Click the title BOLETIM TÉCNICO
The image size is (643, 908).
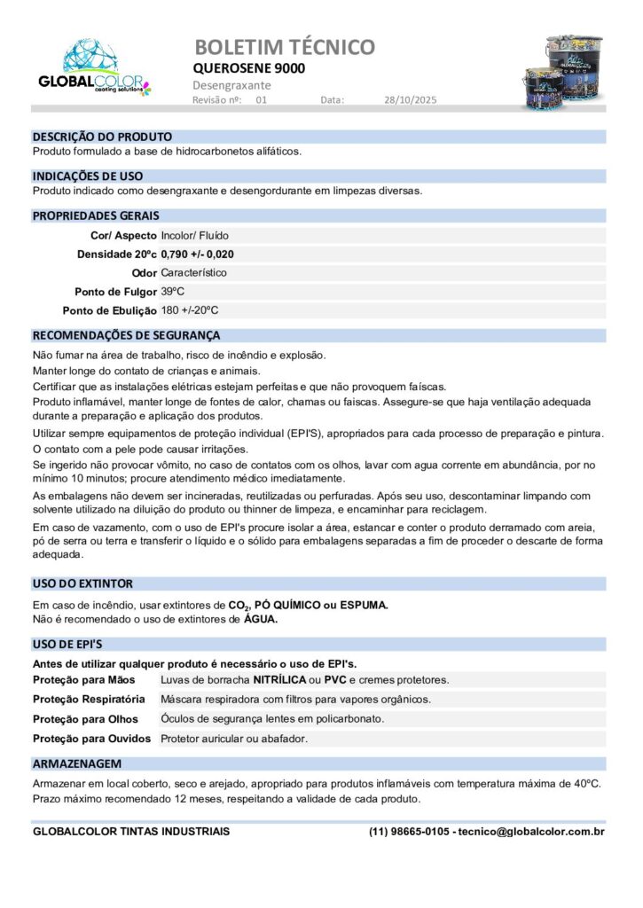pyautogui.click(x=284, y=47)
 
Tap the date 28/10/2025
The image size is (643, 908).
pyautogui.click(x=411, y=100)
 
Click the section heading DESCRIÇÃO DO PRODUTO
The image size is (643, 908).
pyautogui.click(x=102, y=137)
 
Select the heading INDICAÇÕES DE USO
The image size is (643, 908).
pyautogui.click(x=88, y=176)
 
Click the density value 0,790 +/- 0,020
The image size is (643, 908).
pyautogui.click(x=198, y=254)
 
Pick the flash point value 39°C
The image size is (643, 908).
pyautogui.click(x=173, y=292)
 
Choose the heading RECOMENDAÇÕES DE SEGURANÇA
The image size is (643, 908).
pyautogui.click(x=126, y=336)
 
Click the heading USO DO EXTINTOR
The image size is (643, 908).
pyautogui.click(x=82, y=584)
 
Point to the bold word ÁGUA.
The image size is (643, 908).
pyautogui.click(x=261, y=620)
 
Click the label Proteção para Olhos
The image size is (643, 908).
pyautogui.click(x=85, y=719)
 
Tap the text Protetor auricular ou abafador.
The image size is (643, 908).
pyautogui.click(x=234, y=739)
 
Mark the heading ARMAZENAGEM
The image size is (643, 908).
pyautogui.click(x=76, y=763)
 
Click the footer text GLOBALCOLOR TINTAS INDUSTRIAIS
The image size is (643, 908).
pyautogui.click(x=131, y=832)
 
